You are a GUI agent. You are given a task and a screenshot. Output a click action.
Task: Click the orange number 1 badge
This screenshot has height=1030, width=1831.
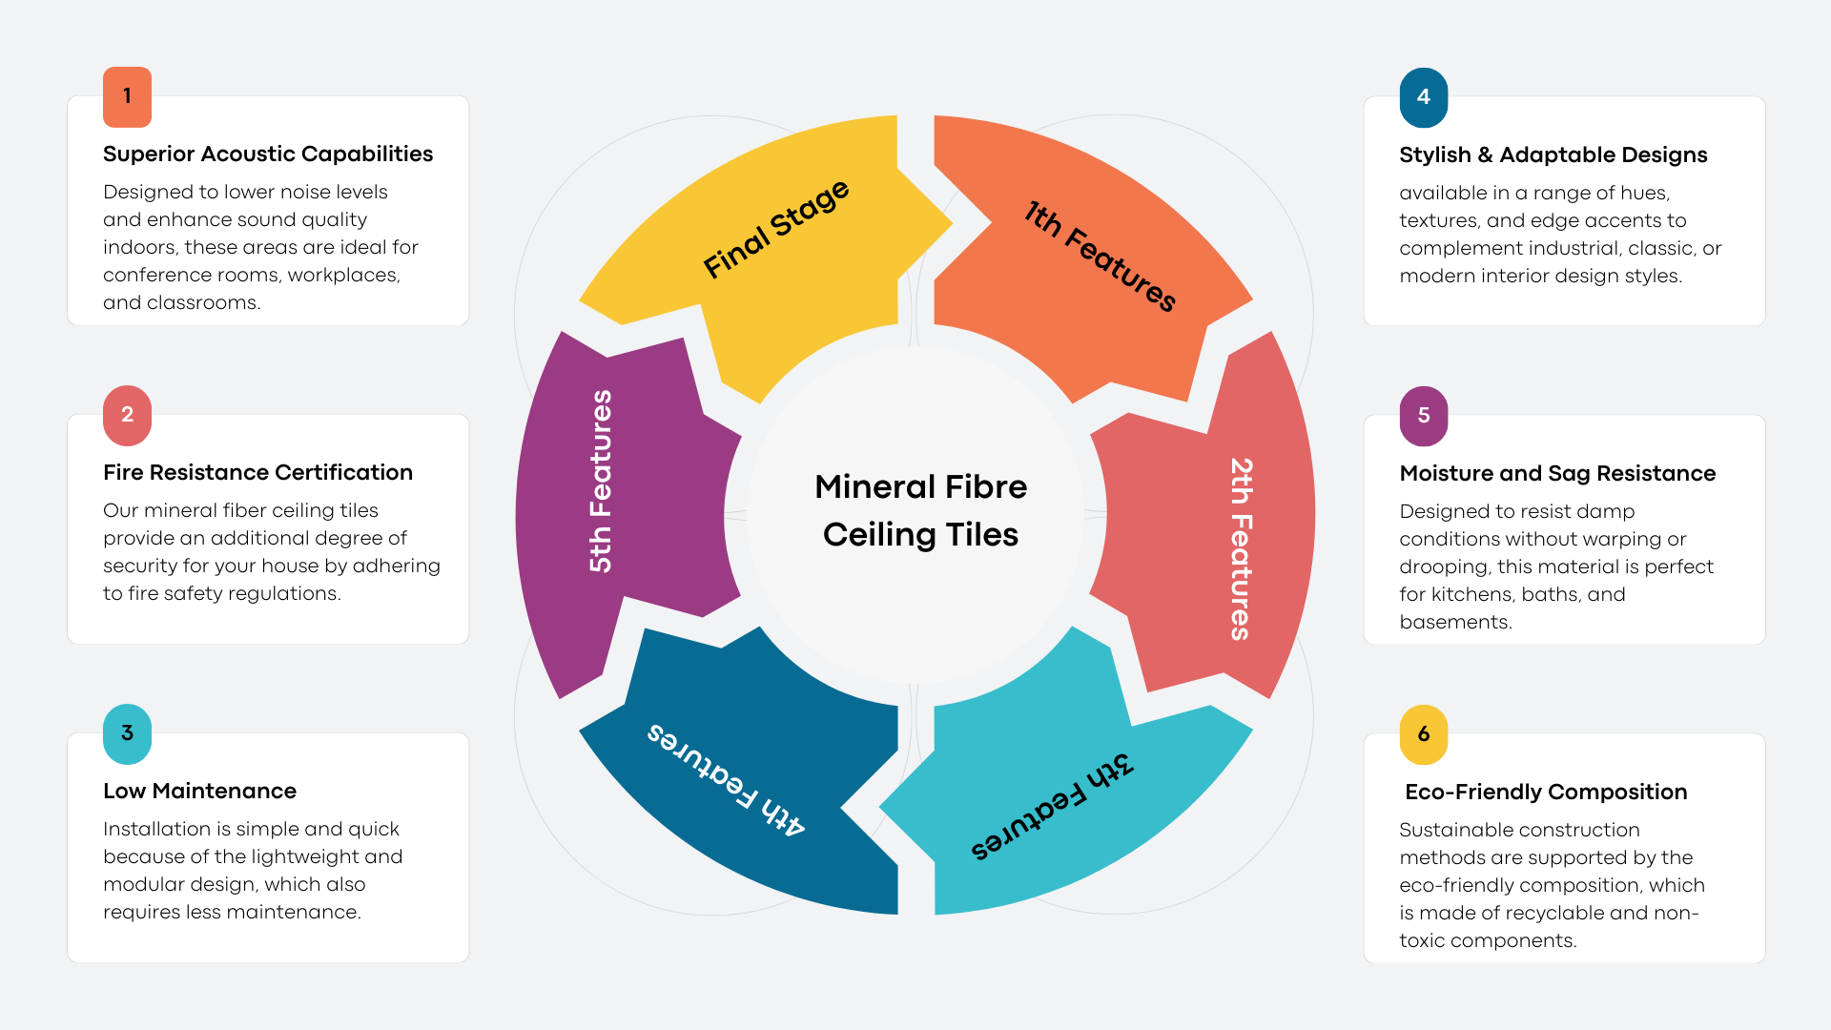tap(127, 96)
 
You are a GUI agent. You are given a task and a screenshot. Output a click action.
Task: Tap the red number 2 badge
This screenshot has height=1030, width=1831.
tap(127, 415)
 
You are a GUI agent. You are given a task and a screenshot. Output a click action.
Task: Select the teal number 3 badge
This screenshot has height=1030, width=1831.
tap(127, 733)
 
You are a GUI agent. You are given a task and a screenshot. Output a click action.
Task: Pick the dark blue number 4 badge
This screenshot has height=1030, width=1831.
tap(1423, 97)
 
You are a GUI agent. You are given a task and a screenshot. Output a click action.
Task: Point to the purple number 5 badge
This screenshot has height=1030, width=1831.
tap(1423, 416)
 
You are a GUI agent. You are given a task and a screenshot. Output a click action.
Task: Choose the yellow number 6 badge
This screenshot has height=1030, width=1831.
tap(1423, 734)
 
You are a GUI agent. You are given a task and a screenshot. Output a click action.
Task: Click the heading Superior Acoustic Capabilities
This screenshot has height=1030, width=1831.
tap(267, 154)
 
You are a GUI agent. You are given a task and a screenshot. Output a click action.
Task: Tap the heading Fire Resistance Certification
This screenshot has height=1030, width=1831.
tap(257, 473)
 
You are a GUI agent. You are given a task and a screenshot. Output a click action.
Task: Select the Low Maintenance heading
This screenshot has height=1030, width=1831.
tap(199, 792)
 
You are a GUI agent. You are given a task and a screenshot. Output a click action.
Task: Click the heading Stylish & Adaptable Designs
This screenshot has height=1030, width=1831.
tap(1553, 155)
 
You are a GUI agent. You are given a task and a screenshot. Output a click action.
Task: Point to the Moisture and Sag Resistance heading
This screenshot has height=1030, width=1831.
tap(1556, 474)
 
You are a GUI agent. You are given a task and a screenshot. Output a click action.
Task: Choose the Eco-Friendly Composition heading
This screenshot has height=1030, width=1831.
tap(1545, 793)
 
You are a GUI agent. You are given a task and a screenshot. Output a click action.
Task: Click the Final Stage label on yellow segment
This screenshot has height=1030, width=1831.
tap(775, 230)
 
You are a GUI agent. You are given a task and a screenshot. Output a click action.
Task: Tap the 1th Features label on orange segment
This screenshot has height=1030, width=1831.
tap(1100, 257)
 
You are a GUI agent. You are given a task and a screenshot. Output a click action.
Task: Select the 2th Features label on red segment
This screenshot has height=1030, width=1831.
tap(1241, 548)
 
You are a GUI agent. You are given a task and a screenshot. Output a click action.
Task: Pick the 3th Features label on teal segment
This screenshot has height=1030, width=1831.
tap(1051, 807)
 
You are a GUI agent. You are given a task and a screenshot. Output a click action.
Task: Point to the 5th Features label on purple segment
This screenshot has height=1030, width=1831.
tap(601, 481)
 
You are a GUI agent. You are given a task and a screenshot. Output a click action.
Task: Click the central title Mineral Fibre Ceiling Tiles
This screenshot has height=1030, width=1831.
tap(920, 511)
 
